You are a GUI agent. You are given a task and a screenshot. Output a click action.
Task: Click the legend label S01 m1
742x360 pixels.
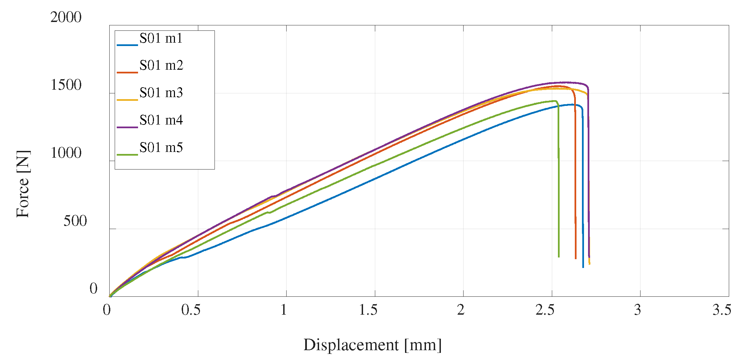point(161,38)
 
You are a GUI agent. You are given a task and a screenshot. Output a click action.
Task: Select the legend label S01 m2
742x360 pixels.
point(161,65)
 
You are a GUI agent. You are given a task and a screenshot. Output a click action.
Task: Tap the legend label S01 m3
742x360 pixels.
point(161,93)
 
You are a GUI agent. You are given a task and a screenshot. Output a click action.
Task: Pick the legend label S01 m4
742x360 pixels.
point(161,120)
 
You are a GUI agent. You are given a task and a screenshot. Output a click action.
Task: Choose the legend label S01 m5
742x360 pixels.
point(161,148)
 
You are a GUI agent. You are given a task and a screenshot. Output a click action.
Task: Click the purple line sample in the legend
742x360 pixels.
point(127,127)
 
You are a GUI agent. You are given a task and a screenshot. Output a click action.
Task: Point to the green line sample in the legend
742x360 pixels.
point(127,155)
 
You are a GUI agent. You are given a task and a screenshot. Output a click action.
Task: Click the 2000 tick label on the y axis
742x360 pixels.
point(66,17)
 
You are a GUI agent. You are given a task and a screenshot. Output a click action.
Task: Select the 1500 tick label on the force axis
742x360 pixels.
point(66,85)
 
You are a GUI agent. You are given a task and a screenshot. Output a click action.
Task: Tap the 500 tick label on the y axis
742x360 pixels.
point(75,221)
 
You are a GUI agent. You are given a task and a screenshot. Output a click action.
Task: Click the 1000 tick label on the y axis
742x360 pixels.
point(66,153)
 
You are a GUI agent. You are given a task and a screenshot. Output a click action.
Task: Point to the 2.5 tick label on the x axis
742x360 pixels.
point(545,310)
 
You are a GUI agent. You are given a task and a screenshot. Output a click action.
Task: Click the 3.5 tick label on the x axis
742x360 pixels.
point(722,310)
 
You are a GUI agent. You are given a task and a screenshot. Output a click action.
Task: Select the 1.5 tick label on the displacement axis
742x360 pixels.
point(368,310)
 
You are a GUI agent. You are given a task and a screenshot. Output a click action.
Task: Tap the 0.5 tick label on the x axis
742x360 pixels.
point(191,310)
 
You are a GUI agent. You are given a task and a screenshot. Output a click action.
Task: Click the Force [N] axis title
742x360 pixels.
point(23,184)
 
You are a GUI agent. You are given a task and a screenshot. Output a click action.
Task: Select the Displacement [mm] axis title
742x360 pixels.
point(373,345)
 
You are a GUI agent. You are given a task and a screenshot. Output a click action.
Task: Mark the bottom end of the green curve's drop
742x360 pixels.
point(559,257)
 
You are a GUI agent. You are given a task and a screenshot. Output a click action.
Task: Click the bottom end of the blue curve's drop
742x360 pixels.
point(583,267)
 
